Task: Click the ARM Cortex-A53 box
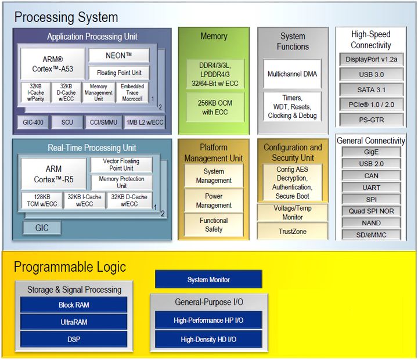(x=52, y=64)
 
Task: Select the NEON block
(x=119, y=55)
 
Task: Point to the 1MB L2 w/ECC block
(x=145, y=123)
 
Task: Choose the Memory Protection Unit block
(x=122, y=182)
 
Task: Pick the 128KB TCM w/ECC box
(x=41, y=200)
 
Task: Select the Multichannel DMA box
(x=293, y=74)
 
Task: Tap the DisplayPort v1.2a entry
(x=370, y=59)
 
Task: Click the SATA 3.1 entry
(x=370, y=89)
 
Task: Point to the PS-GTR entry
(x=370, y=120)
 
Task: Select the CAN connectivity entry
(x=371, y=175)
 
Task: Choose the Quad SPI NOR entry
(x=371, y=211)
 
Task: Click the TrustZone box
(x=293, y=232)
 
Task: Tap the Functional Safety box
(x=214, y=225)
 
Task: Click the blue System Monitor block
(x=208, y=279)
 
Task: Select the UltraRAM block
(x=74, y=322)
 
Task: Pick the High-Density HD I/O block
(x=208, y=339)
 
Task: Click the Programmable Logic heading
(x=70, y=267)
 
